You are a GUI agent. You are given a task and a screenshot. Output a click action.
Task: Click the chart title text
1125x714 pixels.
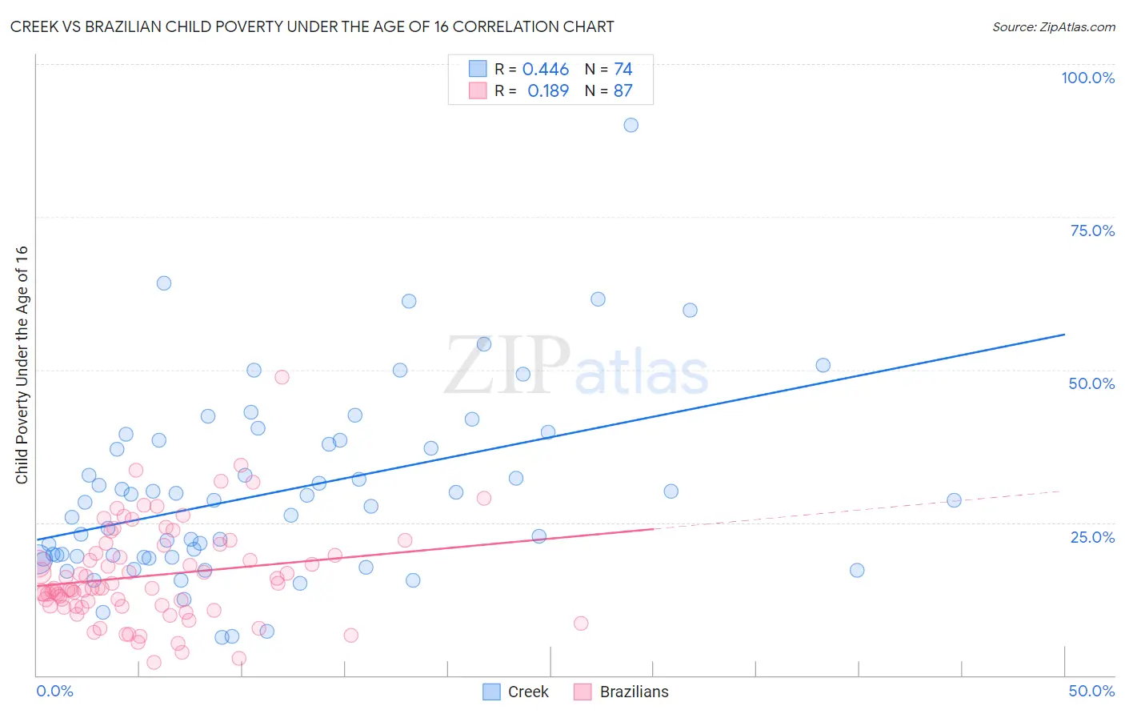pyautogui.click(x=312, y=26)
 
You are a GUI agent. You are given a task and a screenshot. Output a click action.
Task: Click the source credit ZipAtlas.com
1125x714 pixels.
pyautogui.click(x=1053, y=26)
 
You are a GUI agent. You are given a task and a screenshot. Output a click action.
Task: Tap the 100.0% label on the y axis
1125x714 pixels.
pyautogui.click(x=1087, y=78)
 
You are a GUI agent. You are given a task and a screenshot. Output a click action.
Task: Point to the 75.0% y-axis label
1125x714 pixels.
pyautogui.click(x=1092, y=231)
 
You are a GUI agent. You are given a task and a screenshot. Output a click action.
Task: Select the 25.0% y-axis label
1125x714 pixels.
pyautogui.click(x=1092, y=536)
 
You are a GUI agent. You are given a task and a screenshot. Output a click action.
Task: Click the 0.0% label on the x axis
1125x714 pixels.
pyautogui.click(x=54, y=691)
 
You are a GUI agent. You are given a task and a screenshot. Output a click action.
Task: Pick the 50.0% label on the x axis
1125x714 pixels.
pyautogui.click(x=1091, y=691)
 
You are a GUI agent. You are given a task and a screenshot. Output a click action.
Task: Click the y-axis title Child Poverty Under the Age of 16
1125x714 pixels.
pyautogui.click(x=22, y=364)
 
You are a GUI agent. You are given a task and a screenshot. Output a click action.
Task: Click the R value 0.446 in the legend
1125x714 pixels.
pyautogui.click(x=545, y=70)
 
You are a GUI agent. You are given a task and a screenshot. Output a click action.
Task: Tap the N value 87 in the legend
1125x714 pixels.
pyautogui.click(x=623, y=90)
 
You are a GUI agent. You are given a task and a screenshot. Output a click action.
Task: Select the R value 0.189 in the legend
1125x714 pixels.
pyautogui.click(x=547, y=90)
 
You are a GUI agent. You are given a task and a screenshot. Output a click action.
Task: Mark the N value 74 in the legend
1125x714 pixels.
pyautogui.click(x=623, y=70)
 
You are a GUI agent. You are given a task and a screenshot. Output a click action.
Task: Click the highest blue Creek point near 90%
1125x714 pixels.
pyautogui.click(x=631, y=125)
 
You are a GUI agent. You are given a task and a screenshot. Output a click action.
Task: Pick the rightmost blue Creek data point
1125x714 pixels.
pyautogui.click(x=954, y=500)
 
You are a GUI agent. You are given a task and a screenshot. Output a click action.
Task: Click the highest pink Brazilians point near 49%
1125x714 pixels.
pyautogui.click(x=282, y=377)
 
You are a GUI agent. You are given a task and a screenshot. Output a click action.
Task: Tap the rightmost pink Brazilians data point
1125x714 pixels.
pyautogui.click(x=581, y=624)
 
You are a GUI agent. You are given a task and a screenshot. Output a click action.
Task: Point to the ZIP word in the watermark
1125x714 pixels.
pyautogui.click(x=507, y=366)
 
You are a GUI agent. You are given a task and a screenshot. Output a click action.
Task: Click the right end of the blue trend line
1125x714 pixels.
pyautogui.click(x=1064, y=335)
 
